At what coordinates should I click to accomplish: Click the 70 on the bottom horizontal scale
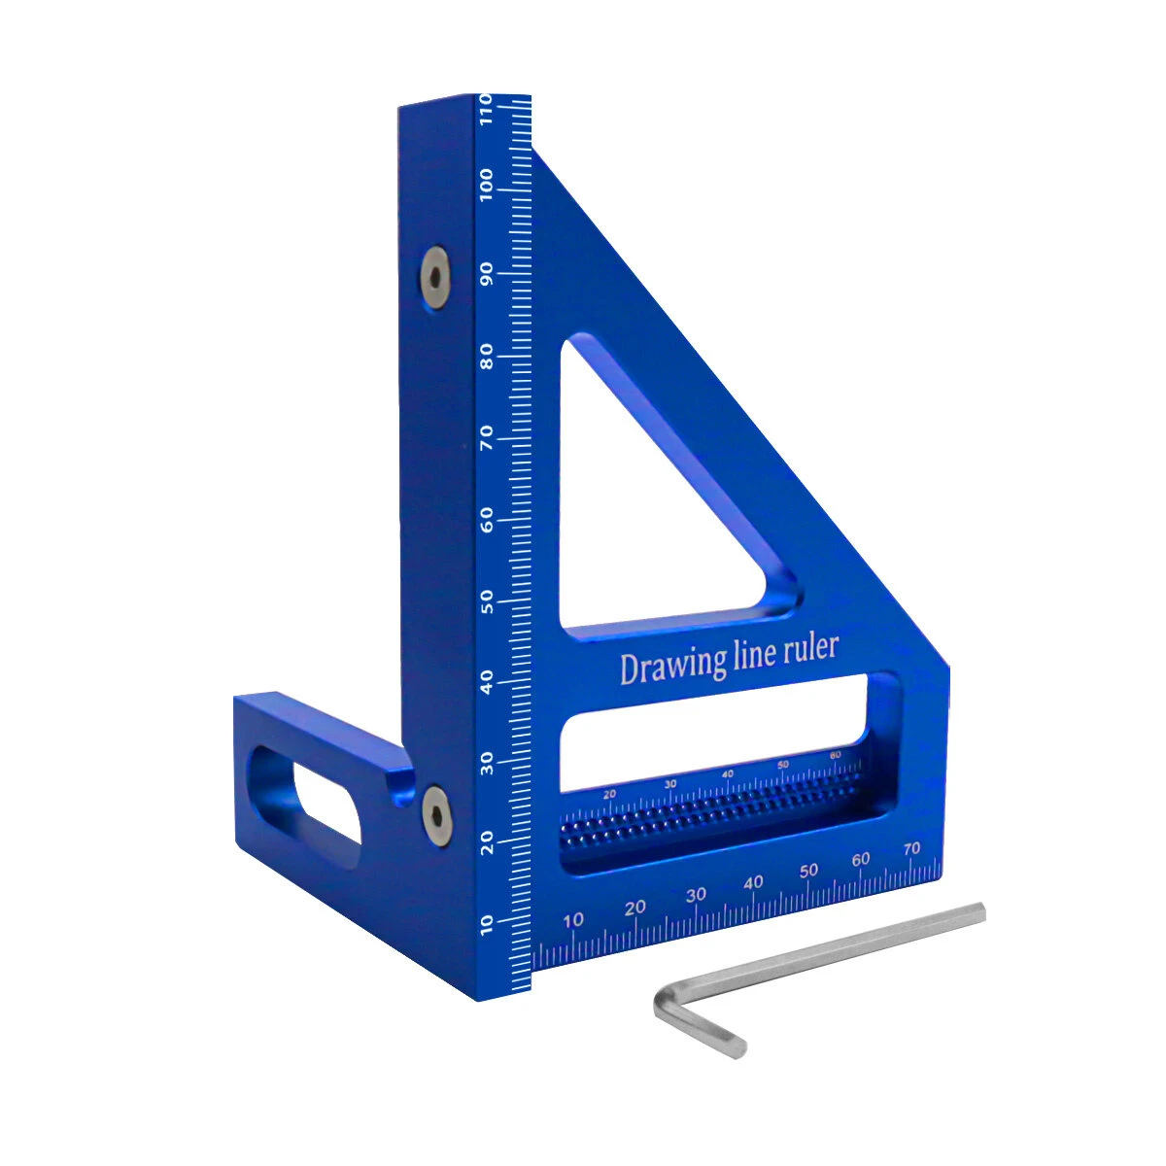[x=910, y=849]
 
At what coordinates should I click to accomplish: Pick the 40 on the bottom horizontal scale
[x=753, y=883]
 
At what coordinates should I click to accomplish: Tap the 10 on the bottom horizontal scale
[x=574, y=920]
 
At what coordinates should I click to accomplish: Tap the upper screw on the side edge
[x=435, y=278]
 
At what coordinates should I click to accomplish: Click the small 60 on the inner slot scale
[x=836, y=755]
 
